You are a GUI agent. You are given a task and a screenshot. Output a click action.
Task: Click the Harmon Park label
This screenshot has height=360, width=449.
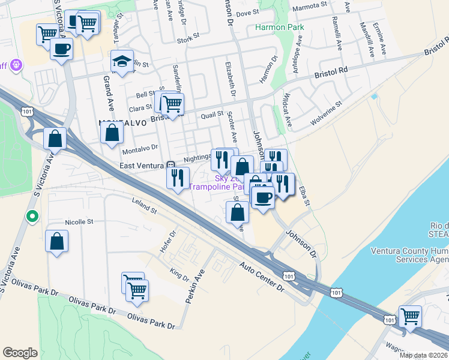click(x=279, y=27)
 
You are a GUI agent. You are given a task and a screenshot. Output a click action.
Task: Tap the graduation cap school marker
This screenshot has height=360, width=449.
click(x=122, y=62)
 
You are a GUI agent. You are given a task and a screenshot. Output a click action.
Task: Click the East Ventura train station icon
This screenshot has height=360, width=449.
click(x=170, y=165)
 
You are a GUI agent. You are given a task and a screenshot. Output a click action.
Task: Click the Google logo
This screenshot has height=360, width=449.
click(x=20, y=353)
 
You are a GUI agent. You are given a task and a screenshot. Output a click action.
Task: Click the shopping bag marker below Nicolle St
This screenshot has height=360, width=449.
click(x=56, y=242)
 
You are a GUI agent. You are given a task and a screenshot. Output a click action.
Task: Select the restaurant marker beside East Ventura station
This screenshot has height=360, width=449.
click(x=178, y=178)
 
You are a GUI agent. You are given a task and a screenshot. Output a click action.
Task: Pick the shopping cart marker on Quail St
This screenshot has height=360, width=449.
click(x=173, y=104)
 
